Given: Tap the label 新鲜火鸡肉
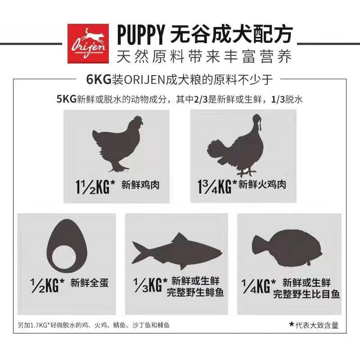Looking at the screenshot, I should pos(262,184).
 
